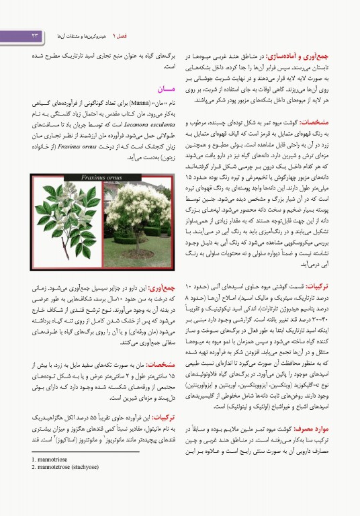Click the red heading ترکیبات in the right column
334,286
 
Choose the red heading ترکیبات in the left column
164,417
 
